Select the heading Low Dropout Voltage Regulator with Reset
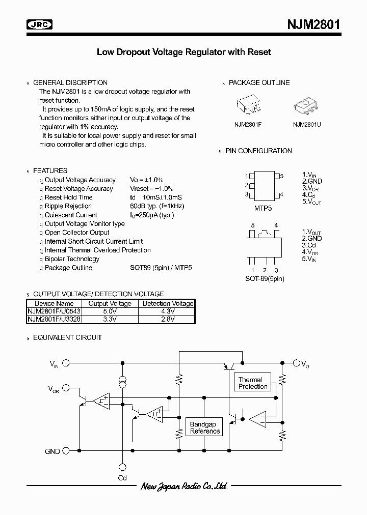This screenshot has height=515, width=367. [x=183, y=52]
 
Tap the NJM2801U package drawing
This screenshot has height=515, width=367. [x=306, y=105]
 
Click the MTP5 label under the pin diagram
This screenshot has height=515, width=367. [x=264, y=208]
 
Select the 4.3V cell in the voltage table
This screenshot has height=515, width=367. [x=168, y=311]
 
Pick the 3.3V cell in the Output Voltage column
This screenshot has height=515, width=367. [x=110, y=319]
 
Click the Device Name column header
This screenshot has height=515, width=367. [x=54, y=303]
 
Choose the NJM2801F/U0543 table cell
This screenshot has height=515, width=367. [x=54, y=311]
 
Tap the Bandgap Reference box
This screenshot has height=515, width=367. [x=205, y=427]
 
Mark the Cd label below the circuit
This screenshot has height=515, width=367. [x=122, y=478]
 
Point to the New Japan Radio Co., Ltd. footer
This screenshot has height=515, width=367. [x=183, y=487]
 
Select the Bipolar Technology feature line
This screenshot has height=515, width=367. [x=72, y=259]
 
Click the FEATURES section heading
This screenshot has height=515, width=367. [x=50, y=170]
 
